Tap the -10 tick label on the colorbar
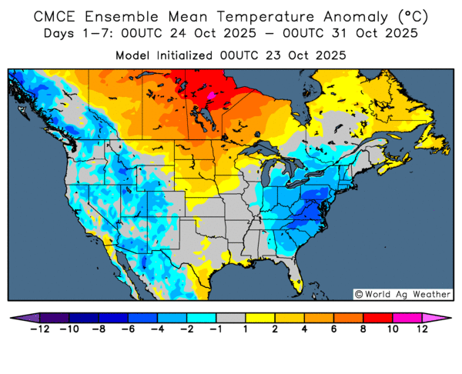pos(69,330)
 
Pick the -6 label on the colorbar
pos(129,330)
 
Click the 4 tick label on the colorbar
pos(304,330)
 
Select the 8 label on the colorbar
pos(363,330)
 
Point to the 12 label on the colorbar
pos(422,330)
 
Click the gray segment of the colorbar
pos(230,317)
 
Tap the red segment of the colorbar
pos(377,317)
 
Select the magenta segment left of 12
pos(407,317)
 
